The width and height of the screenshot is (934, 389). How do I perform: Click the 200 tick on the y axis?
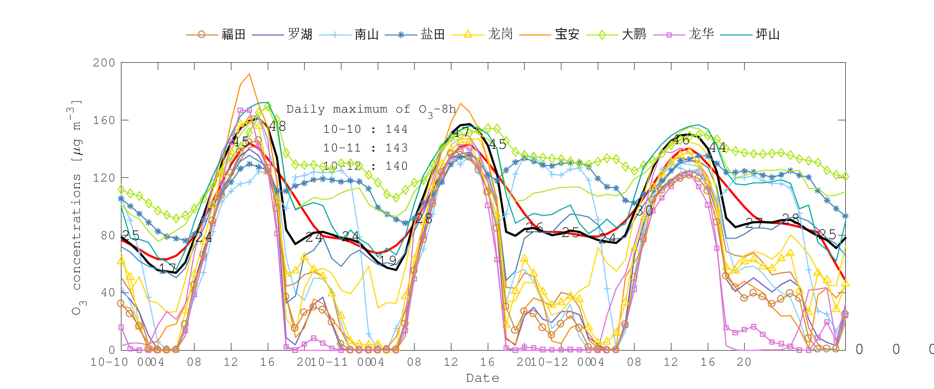104,63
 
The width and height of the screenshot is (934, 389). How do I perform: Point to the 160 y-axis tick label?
104,120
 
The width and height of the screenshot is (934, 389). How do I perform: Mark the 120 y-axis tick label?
104,178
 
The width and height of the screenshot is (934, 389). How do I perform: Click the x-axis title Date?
483,378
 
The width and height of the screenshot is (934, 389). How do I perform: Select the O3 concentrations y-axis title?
77,207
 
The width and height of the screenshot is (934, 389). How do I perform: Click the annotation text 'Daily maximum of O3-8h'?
371,109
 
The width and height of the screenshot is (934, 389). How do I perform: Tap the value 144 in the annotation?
396,129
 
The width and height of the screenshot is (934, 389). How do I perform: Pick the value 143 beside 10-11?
396,148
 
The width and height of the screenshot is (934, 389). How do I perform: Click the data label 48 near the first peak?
278,126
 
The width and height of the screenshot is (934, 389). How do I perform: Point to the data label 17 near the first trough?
167,269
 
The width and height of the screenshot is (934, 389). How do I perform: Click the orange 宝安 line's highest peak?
250,74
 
